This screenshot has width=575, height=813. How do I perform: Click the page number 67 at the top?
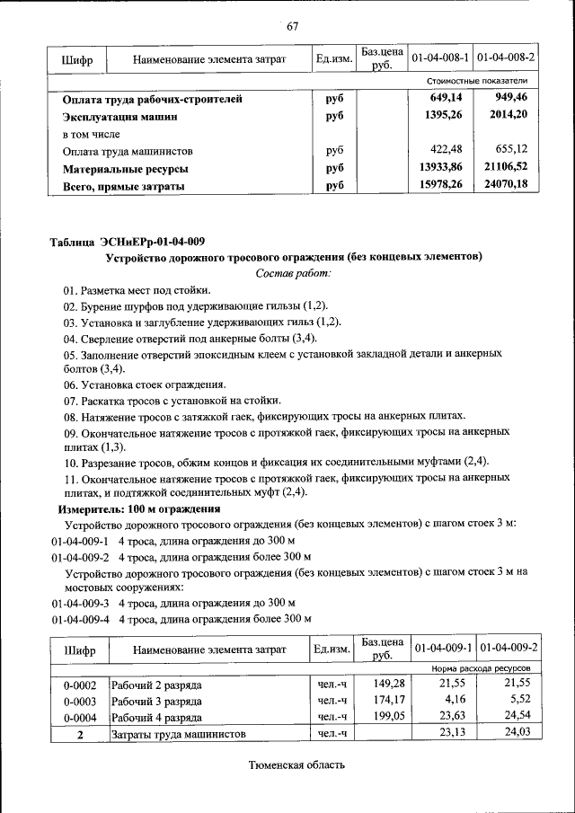point(292,25)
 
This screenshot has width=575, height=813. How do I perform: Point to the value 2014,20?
point(509,116)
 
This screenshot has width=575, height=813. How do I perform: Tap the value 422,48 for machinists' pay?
point(447,151)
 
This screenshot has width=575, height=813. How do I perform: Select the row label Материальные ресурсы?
point(125,169)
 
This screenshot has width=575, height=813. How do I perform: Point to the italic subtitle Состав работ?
point(294,272)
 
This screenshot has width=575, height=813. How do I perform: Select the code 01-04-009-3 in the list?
point(80,603)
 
